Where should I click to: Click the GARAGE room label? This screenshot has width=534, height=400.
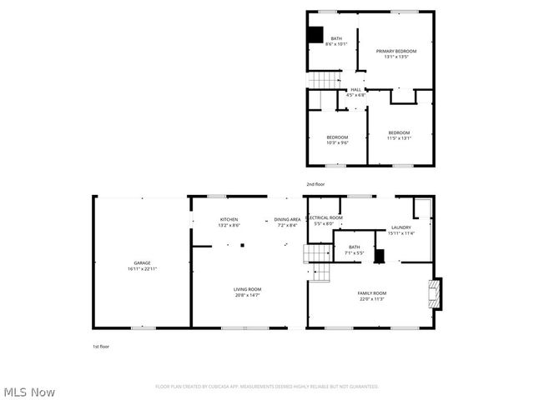pos(143,262)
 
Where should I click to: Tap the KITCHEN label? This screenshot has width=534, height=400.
pos(205,219)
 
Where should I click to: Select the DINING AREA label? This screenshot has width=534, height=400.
pos(287,219)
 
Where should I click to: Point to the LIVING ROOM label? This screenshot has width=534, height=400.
pos(247,289)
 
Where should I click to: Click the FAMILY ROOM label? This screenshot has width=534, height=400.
pos(372,293)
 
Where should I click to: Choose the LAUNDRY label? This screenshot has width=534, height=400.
pos(400,227)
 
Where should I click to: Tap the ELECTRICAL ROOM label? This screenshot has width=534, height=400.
pos(324,217)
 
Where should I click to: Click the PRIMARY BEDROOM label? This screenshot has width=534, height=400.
pos(395,51)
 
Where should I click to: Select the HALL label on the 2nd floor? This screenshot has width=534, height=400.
pos(356,89)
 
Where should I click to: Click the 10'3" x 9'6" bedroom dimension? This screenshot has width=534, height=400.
pos(337,142)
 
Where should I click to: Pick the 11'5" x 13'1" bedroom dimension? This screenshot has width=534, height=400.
pos(399,138)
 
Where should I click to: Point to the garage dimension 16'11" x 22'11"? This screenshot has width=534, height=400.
pos(143,268)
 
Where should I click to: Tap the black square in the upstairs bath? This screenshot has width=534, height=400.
pos(315,35)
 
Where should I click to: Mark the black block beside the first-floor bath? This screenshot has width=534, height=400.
pos(378,256)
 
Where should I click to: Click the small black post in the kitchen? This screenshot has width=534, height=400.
pos(242,245)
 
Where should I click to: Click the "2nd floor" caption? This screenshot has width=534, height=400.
pos(315,183)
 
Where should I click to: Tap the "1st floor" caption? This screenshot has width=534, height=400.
pos(100,346)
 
